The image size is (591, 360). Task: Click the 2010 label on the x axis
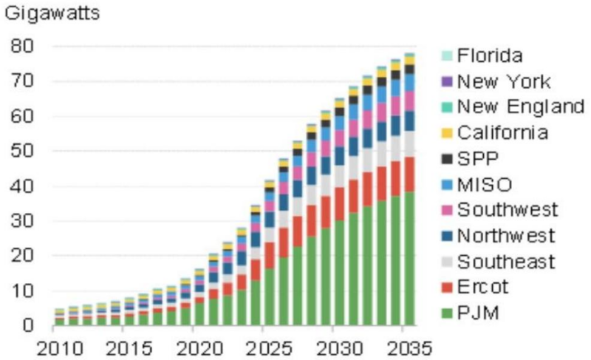tap(56, 347)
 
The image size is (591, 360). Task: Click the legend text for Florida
tap(490, 55)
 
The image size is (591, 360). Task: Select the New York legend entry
tap(503, 81)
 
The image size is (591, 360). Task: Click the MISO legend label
tap(485, 183)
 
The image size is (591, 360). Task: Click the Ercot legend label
tap(482, 287)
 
